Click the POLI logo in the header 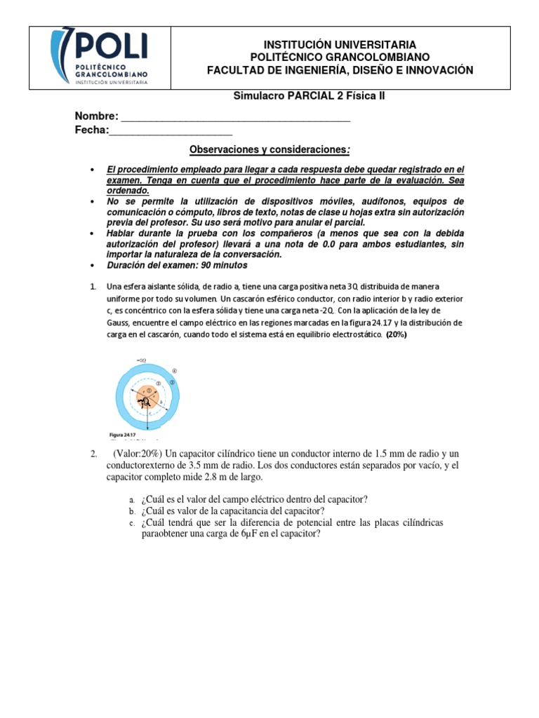point(98,58)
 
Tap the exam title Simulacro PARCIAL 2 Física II point(309,96)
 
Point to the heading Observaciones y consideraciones point(269,151)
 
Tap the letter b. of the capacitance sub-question point(131,511)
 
